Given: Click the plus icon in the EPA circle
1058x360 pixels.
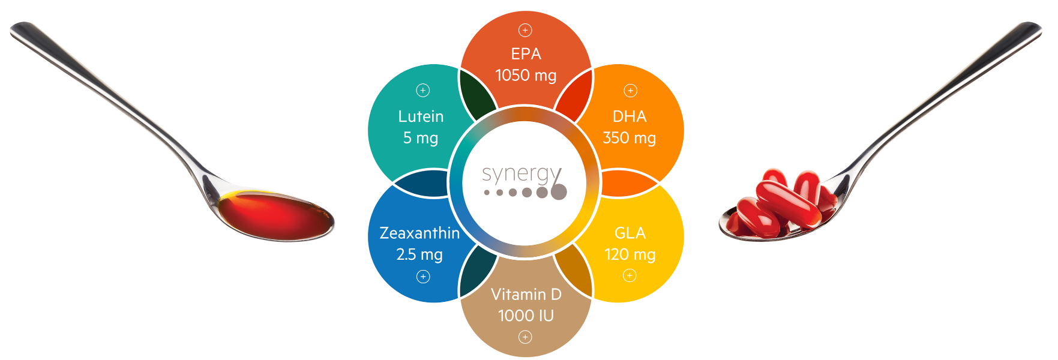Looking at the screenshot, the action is (x=525, y=30).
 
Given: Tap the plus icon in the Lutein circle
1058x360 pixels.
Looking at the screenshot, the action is (x=423, y=91).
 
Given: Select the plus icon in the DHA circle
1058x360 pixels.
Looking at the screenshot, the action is (x=630, y=91).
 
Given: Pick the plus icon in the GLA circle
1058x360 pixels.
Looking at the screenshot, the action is (x=630, y=275).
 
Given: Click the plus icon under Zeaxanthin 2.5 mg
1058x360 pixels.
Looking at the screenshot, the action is (x=423, y=277).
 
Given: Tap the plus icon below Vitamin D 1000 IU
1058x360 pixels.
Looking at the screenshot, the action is (x=525, y=337).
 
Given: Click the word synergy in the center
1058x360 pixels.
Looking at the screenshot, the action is (x=521, y=175).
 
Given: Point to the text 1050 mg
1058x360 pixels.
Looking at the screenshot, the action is (x=526, y=76).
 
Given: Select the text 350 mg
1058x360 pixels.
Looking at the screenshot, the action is (x=629, y=138).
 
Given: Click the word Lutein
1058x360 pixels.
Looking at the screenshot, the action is (x=421, y=116).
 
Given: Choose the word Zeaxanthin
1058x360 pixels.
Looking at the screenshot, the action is (x=419, y=233).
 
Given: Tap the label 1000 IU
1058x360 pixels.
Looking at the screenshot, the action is (x=526, y=316).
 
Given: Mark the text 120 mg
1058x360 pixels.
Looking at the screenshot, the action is (x=630, y=254).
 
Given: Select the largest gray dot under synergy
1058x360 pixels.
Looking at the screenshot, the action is (x=559, y=191).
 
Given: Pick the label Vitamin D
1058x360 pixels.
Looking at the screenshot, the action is (x=526, y=295).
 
